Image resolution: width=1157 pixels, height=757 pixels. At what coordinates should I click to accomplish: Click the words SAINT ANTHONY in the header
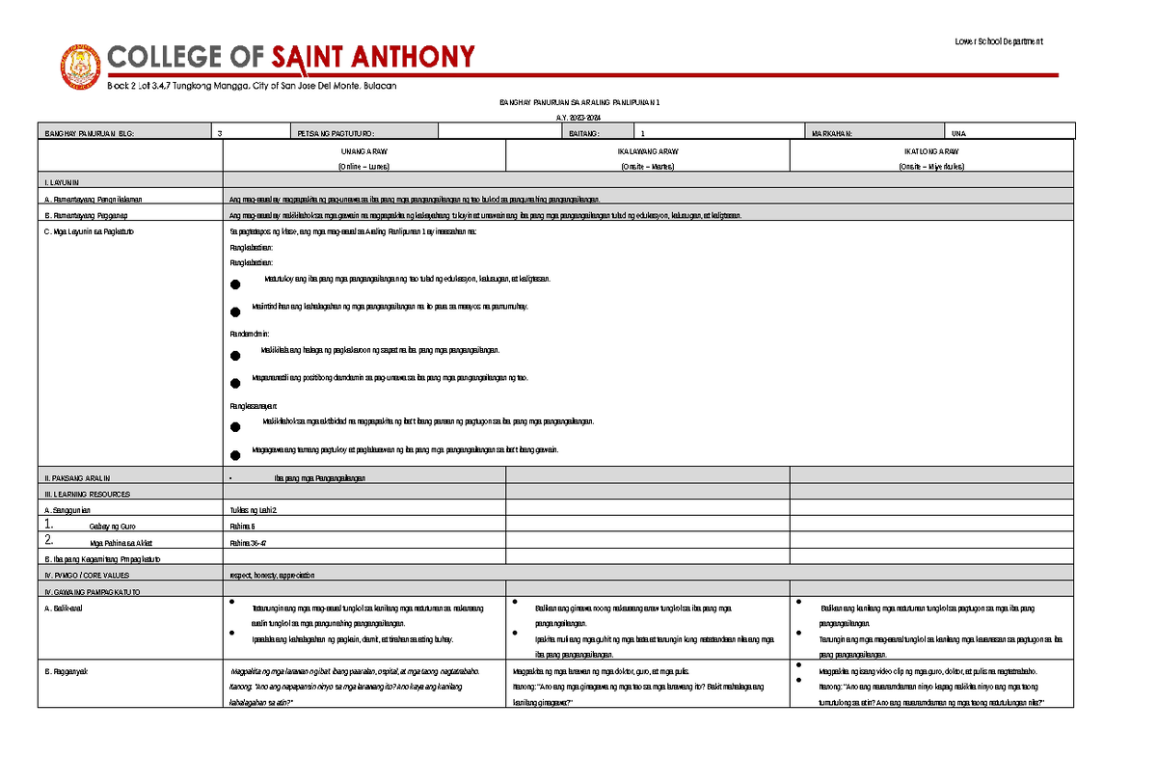point(373,58)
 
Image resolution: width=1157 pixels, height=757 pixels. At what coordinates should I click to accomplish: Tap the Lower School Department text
point(998,41)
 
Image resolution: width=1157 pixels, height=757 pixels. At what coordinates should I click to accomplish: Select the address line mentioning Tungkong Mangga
point(252,87)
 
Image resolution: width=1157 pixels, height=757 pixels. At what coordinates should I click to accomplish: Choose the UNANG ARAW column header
point(363,152)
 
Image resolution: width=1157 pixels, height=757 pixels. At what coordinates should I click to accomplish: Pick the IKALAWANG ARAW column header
point(647,152)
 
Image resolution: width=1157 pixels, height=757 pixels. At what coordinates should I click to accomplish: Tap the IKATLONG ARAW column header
point(930,152)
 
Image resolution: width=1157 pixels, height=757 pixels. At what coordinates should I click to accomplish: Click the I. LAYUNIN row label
point(59,182)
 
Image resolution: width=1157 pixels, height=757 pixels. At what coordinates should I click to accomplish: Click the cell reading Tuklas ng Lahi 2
point(253,510)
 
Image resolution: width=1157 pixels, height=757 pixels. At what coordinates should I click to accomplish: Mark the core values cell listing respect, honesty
point(272,575)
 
